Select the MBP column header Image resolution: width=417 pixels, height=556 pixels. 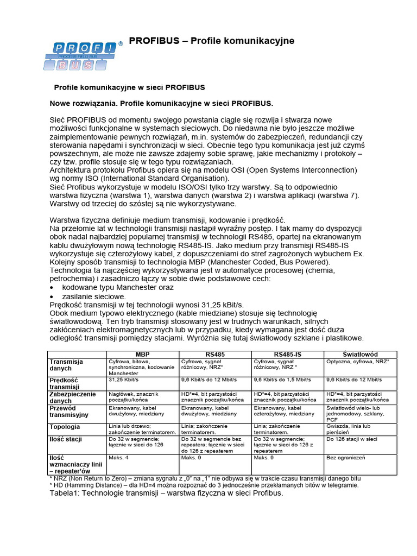(143, 354)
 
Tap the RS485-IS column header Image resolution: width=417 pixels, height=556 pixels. (287, 354)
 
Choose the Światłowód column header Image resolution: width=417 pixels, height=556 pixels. (361, 354)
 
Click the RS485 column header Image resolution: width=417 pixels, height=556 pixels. (215, 354)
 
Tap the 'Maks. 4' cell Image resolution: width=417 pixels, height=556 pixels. (119, 458)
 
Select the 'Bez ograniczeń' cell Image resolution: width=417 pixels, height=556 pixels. (346, 458)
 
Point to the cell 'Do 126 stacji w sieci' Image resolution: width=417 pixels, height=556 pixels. (351, 439)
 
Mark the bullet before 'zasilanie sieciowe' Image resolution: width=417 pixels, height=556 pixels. (52, 296)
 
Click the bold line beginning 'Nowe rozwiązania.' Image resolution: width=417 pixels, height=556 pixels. (162, 103)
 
